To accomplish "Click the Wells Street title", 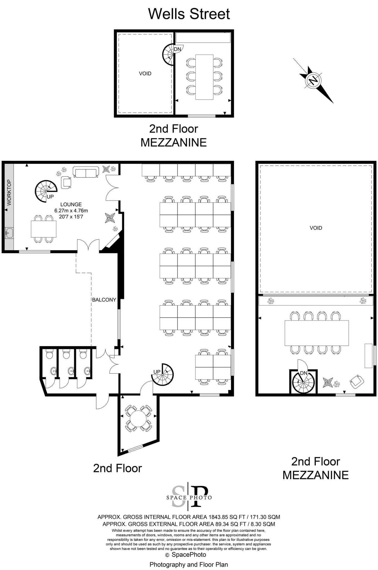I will click(x=189, y=14).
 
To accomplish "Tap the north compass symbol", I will click(x=313, y=81).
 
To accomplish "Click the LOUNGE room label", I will click(x=71, y=204).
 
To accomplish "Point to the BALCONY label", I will click(x=104, y=300).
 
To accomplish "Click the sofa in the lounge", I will click(x=86, y=172).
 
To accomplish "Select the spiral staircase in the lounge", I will click(x=45, y=191).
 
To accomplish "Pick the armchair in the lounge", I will click(x=66, y=183).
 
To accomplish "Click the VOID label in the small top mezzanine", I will click(x=145, y=73).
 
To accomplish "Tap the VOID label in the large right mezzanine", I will click(x=316, y=228).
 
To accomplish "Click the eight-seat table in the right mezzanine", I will click(x=317, y=333).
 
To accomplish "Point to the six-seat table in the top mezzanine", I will click(x=204, y=77).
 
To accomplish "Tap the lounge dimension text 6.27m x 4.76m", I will click(x=71, y=210).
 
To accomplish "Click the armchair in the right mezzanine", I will click(x=357, y=382).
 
